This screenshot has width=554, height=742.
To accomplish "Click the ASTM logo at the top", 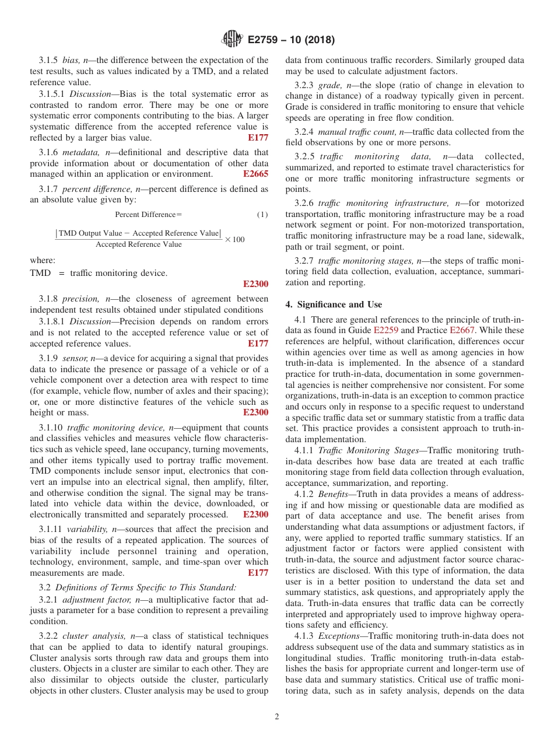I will [232, 40].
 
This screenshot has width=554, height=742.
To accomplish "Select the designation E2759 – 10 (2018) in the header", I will [291, 41].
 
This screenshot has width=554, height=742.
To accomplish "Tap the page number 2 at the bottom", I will [277, 717].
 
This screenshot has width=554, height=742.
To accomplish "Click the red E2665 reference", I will [255, 174].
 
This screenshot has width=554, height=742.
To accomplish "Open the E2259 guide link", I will [385, 330].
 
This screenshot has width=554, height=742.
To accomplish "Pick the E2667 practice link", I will [462, 330].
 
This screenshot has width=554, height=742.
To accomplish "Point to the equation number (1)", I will [262, 215].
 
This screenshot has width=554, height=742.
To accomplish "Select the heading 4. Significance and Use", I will [334, 304].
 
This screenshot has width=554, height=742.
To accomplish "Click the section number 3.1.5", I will [49, 60].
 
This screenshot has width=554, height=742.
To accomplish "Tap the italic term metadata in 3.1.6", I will [79, 153].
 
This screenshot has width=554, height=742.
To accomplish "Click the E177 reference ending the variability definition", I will [258, 573].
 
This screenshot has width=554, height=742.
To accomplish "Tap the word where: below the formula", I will [43, 260].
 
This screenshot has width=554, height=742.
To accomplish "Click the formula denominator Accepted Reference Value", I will [138, 244].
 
